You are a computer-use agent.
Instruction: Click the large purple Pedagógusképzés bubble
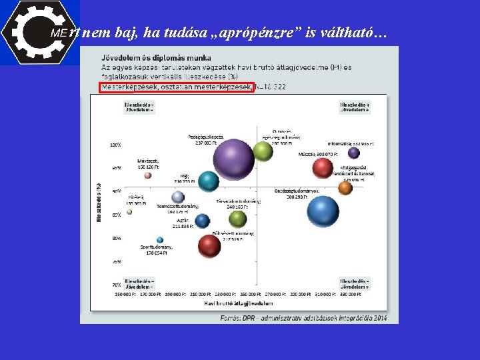click(233, 159)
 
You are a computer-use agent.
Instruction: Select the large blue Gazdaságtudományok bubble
click(323, 211)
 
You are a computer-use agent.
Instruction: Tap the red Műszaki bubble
click(323, 167)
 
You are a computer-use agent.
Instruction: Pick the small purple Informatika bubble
click(354, 153)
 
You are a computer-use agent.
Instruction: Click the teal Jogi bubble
click(209, 181)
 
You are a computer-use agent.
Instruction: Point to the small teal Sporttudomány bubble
click(160, 240)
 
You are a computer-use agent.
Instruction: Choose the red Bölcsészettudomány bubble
click(209, 246)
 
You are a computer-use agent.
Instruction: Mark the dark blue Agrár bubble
click(203, 221)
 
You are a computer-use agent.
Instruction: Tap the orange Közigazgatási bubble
click(345, 188)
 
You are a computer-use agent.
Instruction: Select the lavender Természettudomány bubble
click(178, 197)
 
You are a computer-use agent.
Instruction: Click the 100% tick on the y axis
click(115, 145)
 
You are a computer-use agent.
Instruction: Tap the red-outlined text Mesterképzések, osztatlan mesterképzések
click(177, 87)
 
